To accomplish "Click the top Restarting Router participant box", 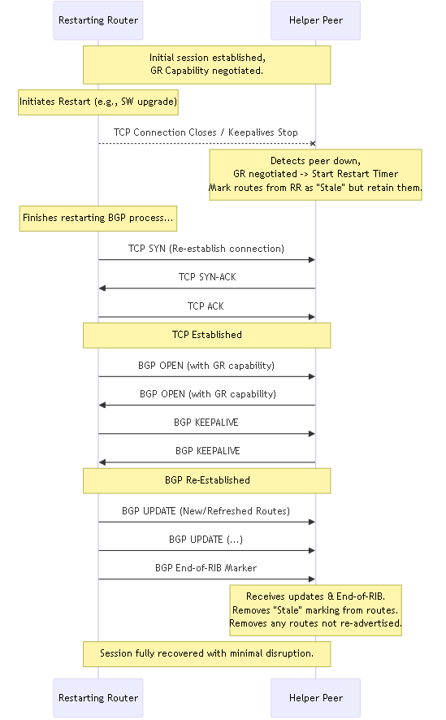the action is click(x=98, y=20).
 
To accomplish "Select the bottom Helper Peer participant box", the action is click(x=316, y=698).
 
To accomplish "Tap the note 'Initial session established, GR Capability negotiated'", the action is click(x=207, y=65).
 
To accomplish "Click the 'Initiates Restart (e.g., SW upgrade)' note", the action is click(x=98, y=102).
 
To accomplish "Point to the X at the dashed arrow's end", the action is click(x=313, y=144).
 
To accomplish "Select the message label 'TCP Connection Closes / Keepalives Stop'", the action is click(x=206, y=132).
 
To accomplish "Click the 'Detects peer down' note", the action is click(x=316, y=175).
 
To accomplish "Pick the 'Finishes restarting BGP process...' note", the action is click(x=98, y=218).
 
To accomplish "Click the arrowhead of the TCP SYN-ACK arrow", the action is click(x=102, y=288).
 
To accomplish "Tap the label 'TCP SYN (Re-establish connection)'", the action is click(x=206, y=249).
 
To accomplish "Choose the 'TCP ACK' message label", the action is click(x=206, y=306).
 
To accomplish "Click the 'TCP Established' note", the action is click(x=207, y=335).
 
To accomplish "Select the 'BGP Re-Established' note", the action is click(x=207, y=481).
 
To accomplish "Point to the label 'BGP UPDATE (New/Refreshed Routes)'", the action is click(x=206, y=511).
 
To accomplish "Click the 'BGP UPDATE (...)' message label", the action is click(x=206, y=540).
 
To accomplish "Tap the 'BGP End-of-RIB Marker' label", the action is click(x=206, y=568).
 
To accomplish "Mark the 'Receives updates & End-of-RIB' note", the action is click(x=316, y=610).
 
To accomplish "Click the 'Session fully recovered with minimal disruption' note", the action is click(x=207, y=654).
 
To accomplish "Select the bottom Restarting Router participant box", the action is click(x=98, y=698).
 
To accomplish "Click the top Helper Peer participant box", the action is click(x=316, y=20).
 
